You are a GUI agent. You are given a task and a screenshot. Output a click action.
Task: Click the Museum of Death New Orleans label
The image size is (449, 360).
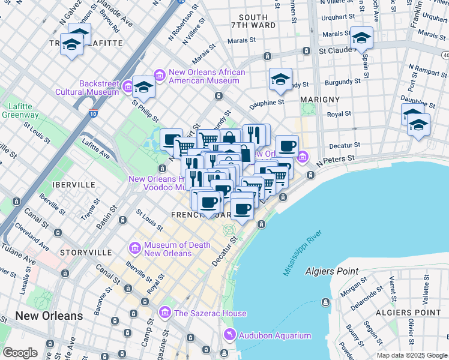[176, 249]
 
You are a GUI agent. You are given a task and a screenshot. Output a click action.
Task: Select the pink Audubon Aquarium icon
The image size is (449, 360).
[229, 335]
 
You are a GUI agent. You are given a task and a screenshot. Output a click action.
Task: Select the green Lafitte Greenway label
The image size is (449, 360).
[20, 110]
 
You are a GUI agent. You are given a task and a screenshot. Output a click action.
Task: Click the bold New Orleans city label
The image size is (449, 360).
[49, 316]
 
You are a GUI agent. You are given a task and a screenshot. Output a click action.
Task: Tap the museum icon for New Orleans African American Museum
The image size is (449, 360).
[160, 74]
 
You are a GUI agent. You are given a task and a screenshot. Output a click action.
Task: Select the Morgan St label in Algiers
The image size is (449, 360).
[353, 289]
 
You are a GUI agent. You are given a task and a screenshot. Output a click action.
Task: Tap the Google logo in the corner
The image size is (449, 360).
[20, 352]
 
